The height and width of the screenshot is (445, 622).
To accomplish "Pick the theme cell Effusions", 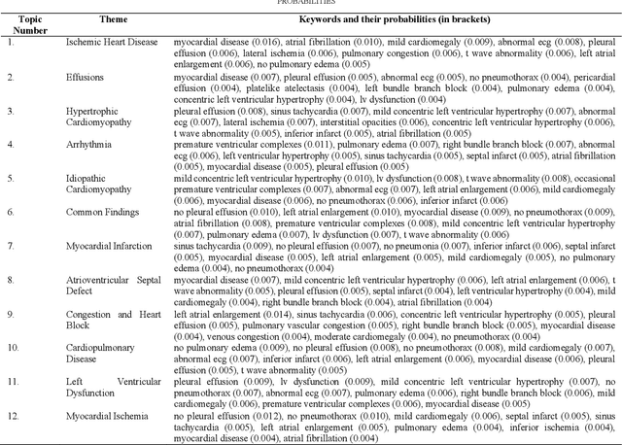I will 86,76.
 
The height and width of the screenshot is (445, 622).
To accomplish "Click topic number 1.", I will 11,43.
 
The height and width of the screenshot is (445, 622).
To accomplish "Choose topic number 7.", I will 11,245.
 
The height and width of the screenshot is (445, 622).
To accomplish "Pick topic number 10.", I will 13,346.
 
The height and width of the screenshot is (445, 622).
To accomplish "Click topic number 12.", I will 13,416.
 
